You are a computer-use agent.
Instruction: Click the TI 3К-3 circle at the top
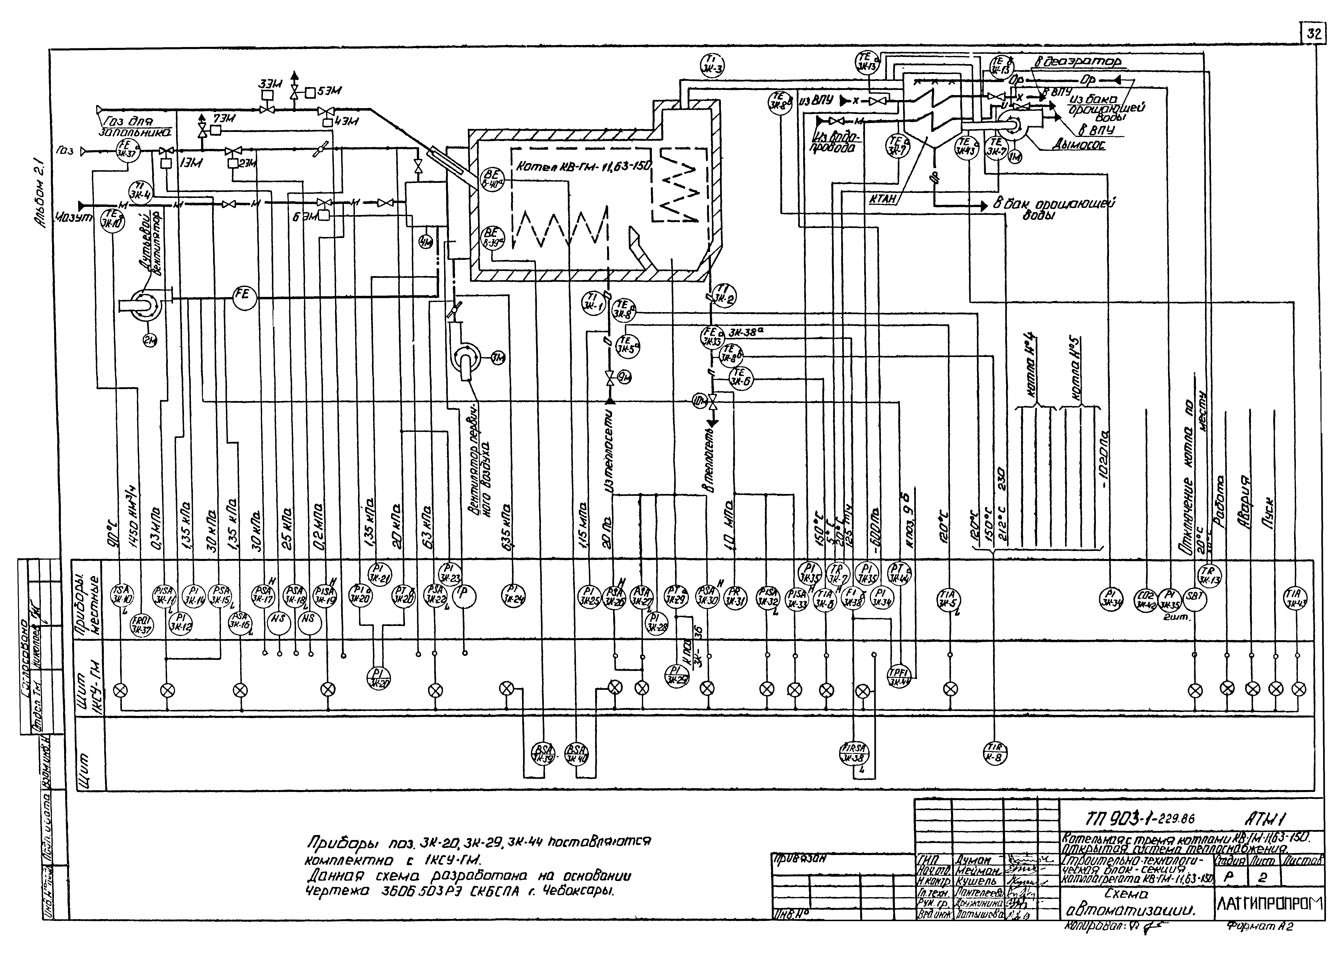pos(713,64)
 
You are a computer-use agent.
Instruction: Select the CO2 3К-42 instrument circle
pos(1145,599)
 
